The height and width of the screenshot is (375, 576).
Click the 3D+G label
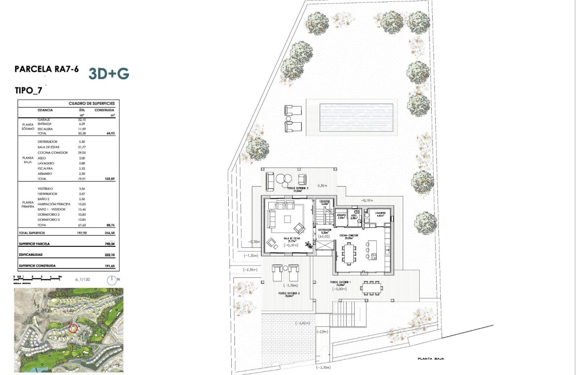[x=109, y=74]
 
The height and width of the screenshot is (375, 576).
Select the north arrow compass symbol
[x=112, y=280]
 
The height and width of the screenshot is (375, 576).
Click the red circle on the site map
[x=74, y=328]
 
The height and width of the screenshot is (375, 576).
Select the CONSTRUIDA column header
[x=104, y=110]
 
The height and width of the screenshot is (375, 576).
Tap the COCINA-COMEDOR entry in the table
[x=53, y=152]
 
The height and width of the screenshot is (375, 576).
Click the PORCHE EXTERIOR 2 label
[x=288, y=294]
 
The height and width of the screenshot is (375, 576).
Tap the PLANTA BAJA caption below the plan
[x=430, y=358]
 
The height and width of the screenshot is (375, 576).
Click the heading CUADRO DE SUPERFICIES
[x=92, y=103]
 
